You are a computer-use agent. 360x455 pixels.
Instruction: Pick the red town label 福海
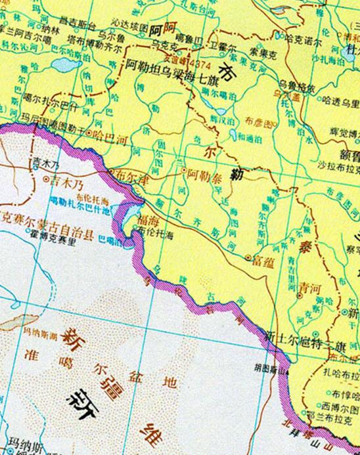click(148, 223)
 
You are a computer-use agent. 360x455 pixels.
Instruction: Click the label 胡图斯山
click(271, 370)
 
